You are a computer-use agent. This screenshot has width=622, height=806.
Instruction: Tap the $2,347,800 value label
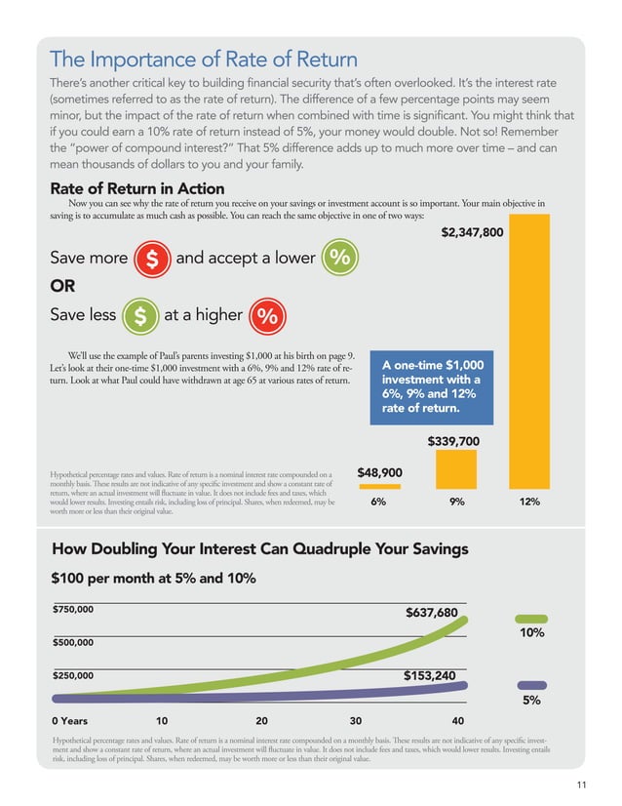tap(473, 233)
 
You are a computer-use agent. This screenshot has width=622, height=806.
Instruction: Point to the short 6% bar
tap(379, 485)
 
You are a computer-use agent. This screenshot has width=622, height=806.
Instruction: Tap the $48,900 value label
tap(380, 472)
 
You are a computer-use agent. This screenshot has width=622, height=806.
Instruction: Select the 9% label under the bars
tap(456, 503)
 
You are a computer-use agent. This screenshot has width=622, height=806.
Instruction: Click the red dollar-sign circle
tap(151, 260)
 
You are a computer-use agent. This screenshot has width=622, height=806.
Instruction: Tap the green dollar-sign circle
tap(141, 316)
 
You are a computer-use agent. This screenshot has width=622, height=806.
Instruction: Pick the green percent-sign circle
tap(339, 259)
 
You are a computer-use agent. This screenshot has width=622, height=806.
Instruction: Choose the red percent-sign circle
tap(268, 316)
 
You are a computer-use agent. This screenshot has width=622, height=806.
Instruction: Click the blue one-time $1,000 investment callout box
tap(432, 386)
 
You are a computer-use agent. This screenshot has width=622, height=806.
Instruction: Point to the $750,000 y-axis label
tap(73, 609)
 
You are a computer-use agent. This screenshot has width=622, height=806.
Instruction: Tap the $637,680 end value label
tap(431, 613)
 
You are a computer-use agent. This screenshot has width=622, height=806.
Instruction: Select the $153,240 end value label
tap(430, 675)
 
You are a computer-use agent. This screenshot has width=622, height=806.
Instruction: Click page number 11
tap(583, 784)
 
